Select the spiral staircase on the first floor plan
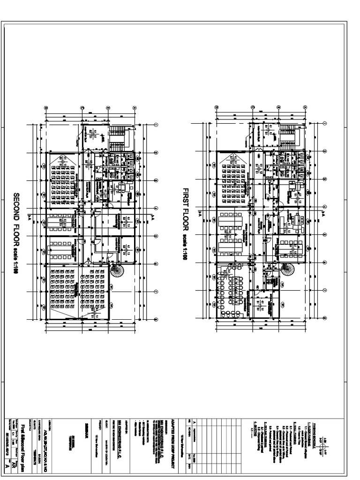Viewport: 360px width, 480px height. click(287, 270)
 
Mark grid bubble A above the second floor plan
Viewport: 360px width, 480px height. click(134, 107)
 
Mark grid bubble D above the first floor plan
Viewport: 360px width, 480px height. click(217, 107)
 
